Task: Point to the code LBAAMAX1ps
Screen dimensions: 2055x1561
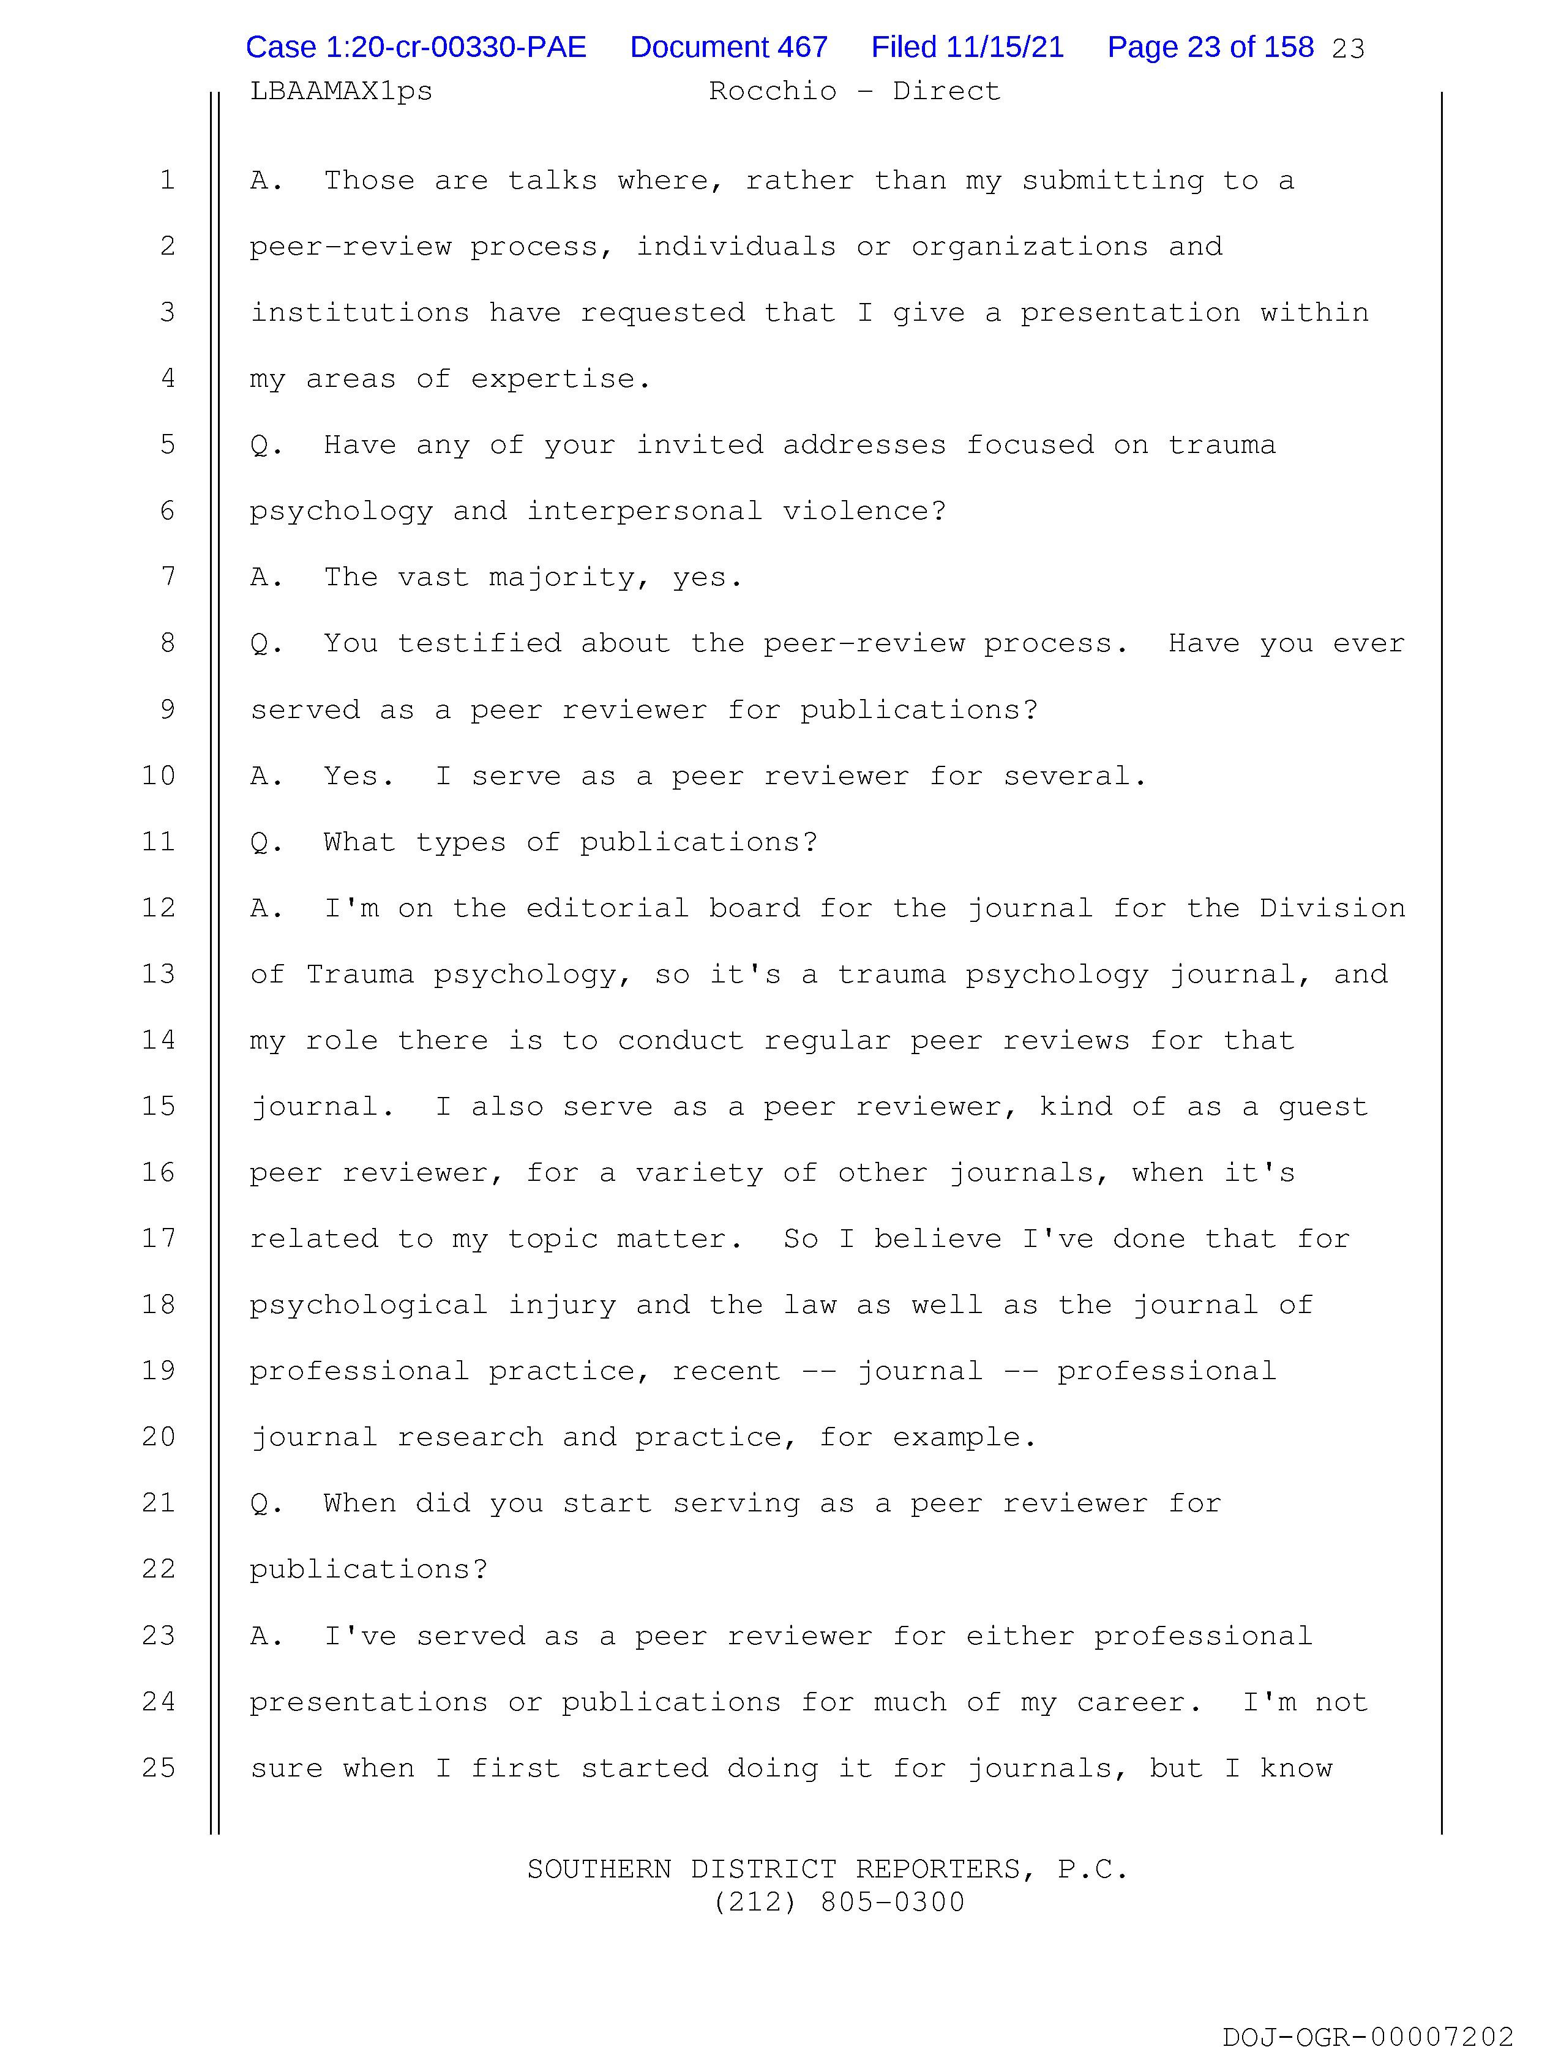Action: pyautogui.click(x=341, y=91)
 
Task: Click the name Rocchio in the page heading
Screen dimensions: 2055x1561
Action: pyautogui.click(x=772, y=91)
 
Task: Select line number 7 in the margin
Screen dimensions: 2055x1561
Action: pyautogui.click(x=168, y=577)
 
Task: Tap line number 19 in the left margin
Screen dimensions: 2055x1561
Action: pyautogui.click(x=159, y=1371)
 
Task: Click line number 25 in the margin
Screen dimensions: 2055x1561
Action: pyautogui.click(x=159, y=1768)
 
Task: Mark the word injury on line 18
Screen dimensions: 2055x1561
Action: pyautogui.click(x=561, y=1305)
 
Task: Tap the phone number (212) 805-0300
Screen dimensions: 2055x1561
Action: pyautogui.click(x=839, y=1903)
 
